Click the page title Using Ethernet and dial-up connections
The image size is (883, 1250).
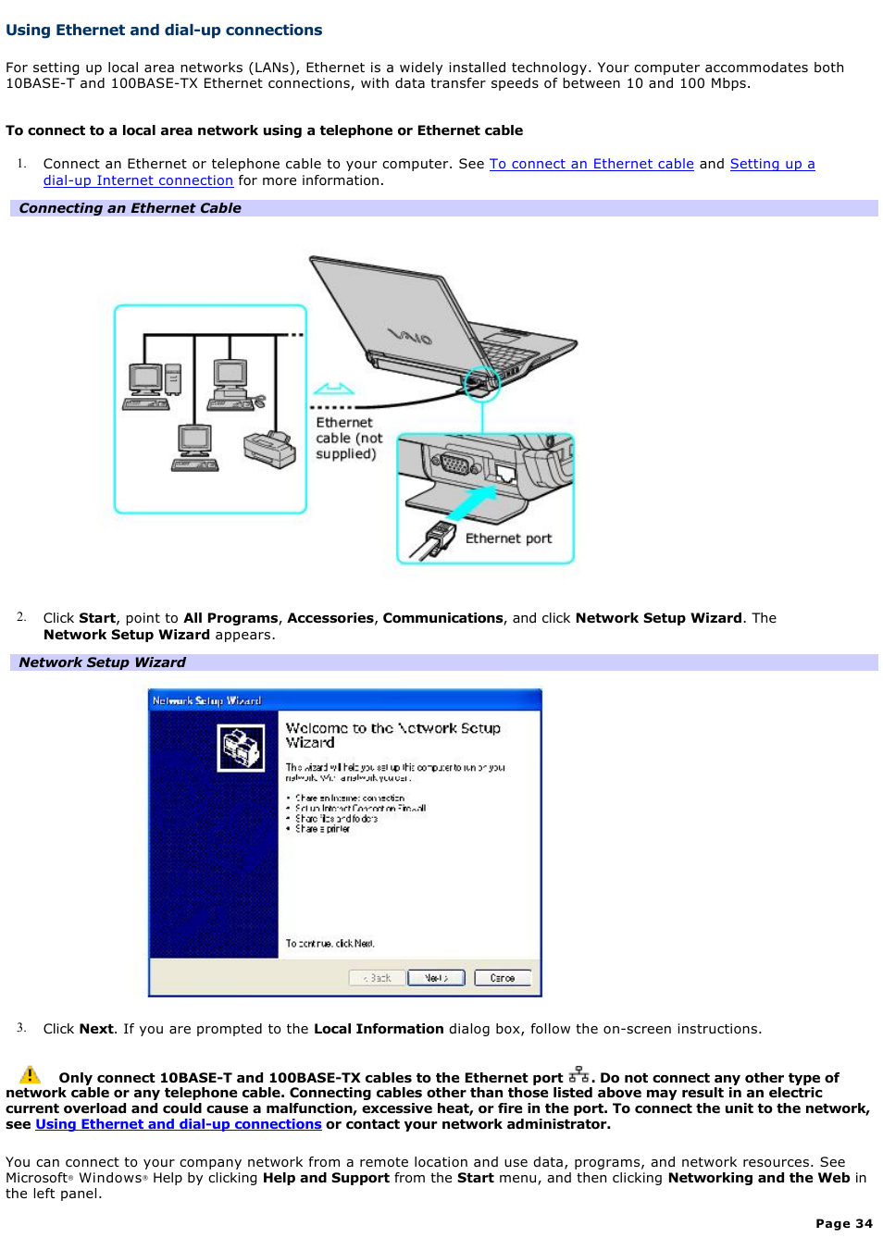(x=164, y=30)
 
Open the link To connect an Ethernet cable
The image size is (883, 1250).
(x=591, y=164)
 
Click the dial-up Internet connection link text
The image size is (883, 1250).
(x=138, y=180)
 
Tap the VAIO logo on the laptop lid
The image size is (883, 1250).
(x=410, y=337)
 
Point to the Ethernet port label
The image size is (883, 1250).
(x=508, y=538)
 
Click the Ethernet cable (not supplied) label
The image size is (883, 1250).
(x=348, y=438)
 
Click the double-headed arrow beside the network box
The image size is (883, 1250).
(x=333, y=389)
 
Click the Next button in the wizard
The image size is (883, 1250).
(x=436, y=978)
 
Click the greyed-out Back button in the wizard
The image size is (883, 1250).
(x=378, y=978)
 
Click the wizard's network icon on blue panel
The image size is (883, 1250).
(x=241, y=748)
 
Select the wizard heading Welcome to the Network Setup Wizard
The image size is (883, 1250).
(x=392, y=735)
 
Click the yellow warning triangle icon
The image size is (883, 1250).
(x=30, y=1075)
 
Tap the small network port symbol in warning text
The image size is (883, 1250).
(x=579, y=1074)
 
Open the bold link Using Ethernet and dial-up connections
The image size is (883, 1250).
(x=179, y=1124)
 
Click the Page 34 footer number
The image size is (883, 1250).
(x=843, y=1223)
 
